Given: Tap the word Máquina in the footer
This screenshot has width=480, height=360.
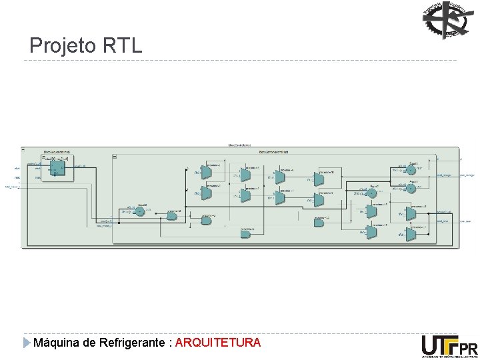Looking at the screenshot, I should click(x=57, y=343).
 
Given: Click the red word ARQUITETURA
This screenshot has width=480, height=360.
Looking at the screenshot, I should click(x=218, y=343).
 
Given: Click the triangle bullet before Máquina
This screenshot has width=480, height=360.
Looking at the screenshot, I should click(x=27, y=343).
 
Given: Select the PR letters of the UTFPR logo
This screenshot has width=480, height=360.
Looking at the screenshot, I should click(x=469, y=349).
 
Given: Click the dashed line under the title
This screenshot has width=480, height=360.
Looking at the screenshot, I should click(x=240, y=61).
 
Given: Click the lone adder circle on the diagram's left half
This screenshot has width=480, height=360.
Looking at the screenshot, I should click(x=139, y=211).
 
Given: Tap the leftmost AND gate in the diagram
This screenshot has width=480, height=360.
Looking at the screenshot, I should click(x=172, y=215).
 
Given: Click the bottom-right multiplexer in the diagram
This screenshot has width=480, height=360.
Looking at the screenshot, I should click(x=411, y=234).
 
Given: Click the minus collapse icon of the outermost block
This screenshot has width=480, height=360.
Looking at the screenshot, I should click(x=23, y=148).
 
